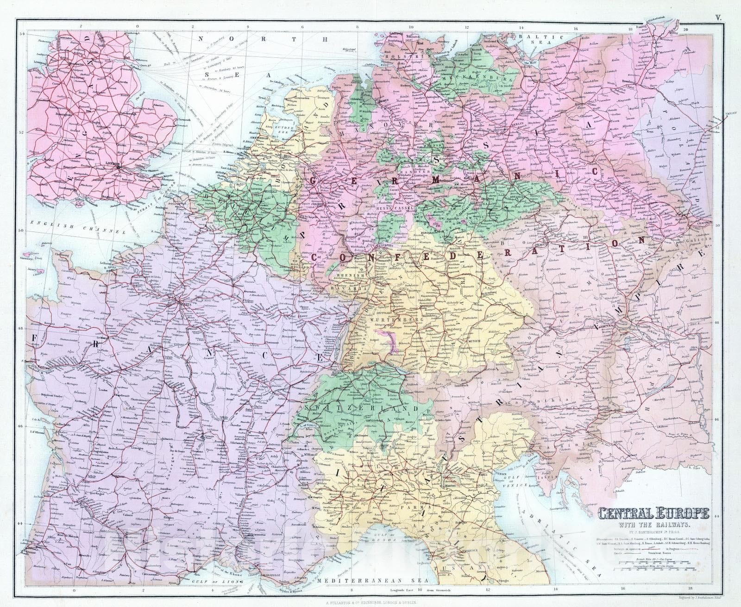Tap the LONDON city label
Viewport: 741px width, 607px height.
point(113,163)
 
